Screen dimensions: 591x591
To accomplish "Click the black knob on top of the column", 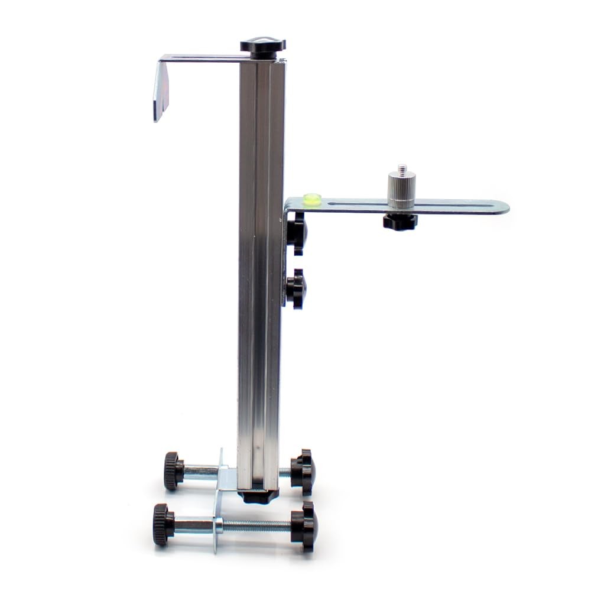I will pyautogui.click(x=262, y=47).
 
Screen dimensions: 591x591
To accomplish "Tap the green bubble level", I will pyautogui.click(x=312, y=199).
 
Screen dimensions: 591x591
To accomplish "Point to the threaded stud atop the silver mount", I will pyautogui.click(x=402, y=169).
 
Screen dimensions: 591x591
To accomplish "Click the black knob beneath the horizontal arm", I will pyautogui.click(x=400, y=222).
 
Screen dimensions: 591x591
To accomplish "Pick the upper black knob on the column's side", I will pyautogui.click(x=296, y=233).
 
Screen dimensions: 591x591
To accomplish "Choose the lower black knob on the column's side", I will pyautogui.click(x=295, y=288).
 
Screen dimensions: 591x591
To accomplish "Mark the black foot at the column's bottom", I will pyautogui.click(x=258, y=495).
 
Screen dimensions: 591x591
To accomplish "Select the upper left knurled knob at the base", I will pyautogui.click(x=173, y=471).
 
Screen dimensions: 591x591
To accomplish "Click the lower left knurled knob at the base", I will pyautogui.click(x=163, y=524).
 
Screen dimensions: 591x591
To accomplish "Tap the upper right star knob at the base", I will pyautogui.click(x=303, y=471).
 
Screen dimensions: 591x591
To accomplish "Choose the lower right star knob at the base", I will pyautogui.click(x=305, y=526).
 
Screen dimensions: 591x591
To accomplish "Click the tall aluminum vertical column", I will pyautogui.click(x=261, y=266).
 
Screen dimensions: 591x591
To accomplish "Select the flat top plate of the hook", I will pyautogui.click(x=201, y=58).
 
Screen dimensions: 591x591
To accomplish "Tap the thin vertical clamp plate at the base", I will pyautogui.click(x=217, y=502).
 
